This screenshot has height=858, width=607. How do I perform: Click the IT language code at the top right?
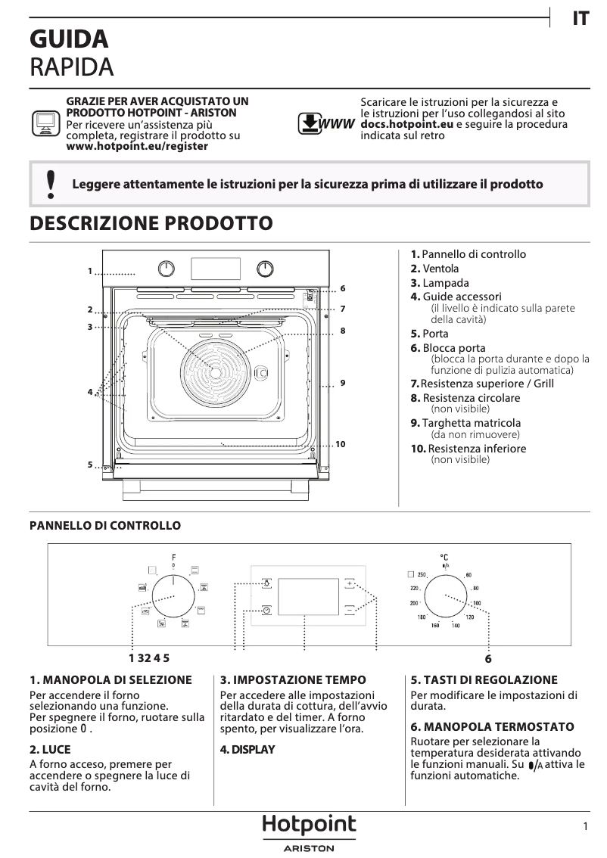pos(580,19)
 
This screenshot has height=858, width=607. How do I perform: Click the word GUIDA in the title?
pos(68,39)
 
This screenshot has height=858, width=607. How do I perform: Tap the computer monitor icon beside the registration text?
pos(45,123)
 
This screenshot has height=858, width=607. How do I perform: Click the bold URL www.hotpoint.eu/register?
pos(137,146)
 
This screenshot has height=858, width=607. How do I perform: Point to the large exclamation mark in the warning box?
pos(51,184)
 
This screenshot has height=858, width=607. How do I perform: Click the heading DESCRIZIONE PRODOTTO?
pos(151,223)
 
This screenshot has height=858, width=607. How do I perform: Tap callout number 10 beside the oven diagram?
pos(340,444)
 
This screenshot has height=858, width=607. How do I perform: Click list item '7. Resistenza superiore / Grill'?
pos(482,384)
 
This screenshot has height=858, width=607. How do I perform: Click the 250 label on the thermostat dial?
pos(422,575)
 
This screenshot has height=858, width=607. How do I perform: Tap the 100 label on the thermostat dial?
pos(477,603)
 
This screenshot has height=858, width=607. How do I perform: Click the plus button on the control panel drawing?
pos(349,583)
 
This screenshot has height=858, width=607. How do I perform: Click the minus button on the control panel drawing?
pos(349,609)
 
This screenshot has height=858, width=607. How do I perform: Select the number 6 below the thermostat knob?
pos(488,659)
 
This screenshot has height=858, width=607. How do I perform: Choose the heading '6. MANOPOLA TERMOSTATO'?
pos(492,726)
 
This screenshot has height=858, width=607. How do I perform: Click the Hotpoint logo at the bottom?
pos(309,825)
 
